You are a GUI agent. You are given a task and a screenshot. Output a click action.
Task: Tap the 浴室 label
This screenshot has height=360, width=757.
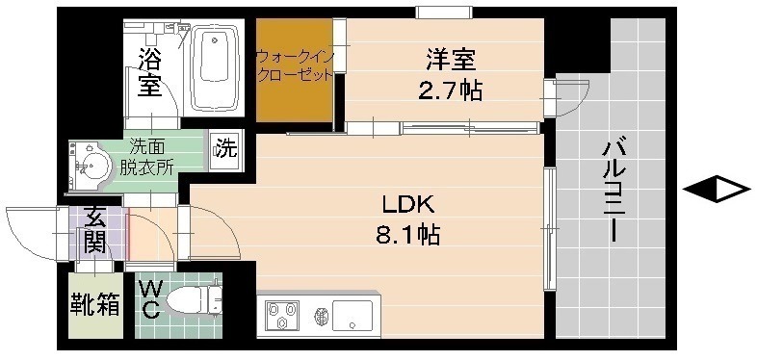[148, 71]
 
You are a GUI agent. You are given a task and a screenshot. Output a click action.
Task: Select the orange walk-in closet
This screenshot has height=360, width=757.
[293, 69]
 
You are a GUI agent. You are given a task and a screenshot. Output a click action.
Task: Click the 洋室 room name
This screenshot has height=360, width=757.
[451, 60]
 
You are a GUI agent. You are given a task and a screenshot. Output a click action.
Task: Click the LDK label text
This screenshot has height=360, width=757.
[410, 204]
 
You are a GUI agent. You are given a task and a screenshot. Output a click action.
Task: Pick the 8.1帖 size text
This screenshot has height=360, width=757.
[408, 234]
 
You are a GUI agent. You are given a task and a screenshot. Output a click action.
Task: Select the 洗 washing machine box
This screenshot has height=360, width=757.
[224, 149]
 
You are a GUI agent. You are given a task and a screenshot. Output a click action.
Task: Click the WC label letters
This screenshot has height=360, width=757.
[150, 300]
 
